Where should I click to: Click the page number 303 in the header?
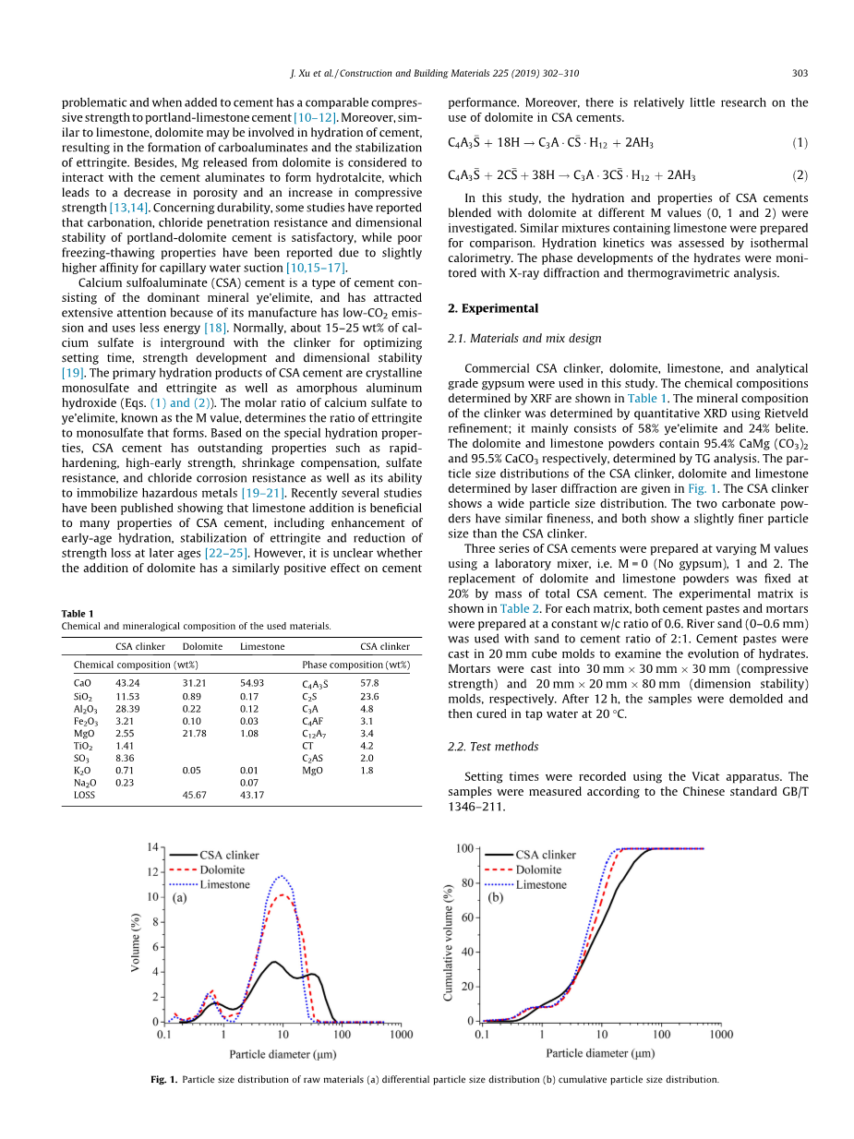tap(800, 73)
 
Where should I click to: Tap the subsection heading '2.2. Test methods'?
tap(493, 747)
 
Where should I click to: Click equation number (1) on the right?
tap(800, 143)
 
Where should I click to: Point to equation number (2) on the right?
tap(800, 174)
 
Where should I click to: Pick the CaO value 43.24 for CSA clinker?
tap(127, 683)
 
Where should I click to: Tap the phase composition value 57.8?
tap(369, 683)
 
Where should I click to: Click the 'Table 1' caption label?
tap(78, 614)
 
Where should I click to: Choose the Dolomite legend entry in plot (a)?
tap(222, 869)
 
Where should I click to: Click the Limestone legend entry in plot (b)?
tap(541, 884)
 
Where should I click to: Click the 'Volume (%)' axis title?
tap(136, 934)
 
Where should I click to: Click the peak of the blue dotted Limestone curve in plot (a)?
tap(282, 877)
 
